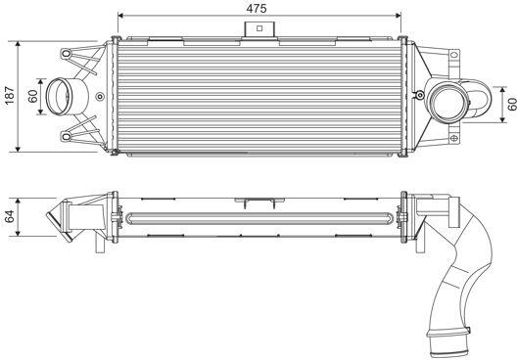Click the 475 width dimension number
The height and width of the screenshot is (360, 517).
coord(257,9)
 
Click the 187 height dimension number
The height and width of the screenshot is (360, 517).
coord(10,96)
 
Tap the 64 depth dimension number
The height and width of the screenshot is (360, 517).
coord(10,216)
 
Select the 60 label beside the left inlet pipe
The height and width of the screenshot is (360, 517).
coord(33,96)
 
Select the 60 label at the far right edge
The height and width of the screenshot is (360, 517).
coord(512,105)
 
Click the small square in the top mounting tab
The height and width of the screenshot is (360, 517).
coord(259,28)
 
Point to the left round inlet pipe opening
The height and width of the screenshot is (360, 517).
coord(59,96)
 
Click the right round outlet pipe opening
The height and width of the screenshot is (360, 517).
coord(448,101)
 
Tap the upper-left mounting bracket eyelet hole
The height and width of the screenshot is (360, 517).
coord(66,53)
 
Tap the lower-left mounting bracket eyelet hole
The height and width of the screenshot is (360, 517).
coord(66,136)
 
